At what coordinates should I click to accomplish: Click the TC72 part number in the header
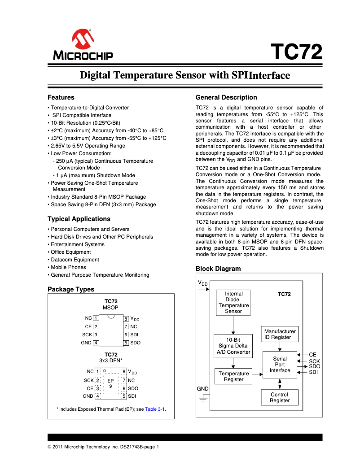[298, 52]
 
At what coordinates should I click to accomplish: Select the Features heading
[61, 97]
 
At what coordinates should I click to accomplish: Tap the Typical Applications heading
[79, 219]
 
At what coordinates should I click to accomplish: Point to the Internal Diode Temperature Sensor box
[233, 302]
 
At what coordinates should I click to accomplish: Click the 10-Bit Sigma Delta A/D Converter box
[233, 346]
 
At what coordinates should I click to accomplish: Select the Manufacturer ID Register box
[280, 334]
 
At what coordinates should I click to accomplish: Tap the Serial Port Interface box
[280, 365]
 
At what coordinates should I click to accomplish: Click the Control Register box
[280, 397]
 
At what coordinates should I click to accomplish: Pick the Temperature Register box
[233, 376]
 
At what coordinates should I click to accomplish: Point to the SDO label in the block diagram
[315, 366]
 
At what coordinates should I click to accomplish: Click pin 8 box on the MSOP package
[127, 318]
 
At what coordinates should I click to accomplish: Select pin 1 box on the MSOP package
[96, 318]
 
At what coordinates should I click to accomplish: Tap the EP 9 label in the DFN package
[110, 383]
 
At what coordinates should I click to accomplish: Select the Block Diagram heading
[218, 269]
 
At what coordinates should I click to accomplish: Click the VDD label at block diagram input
[202, 283]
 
